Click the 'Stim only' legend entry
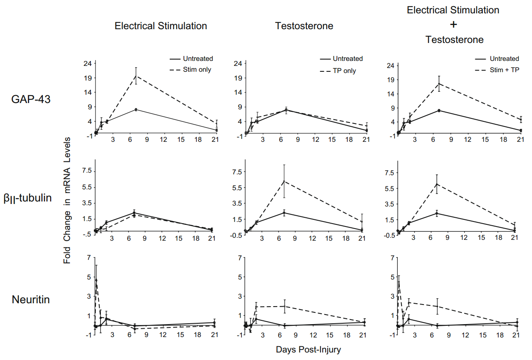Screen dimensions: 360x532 click(197, 70)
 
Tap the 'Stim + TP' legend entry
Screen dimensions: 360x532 click(504, 70)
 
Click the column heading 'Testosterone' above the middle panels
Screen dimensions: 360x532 click(304, 26)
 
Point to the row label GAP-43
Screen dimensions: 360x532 click(31, 99)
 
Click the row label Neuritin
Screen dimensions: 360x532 click(31, 300)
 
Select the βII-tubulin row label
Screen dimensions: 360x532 click(28, 198)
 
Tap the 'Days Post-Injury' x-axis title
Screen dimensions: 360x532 click(308, 350)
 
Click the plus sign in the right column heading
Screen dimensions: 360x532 click(454, 25)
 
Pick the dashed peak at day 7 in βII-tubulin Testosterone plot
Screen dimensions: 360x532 click(284, 181)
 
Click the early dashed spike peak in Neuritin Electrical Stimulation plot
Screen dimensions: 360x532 click(96, 279)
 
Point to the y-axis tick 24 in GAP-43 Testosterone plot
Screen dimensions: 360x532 click(238, 63)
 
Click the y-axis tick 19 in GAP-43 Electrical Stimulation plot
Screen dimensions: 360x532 click(87, 78)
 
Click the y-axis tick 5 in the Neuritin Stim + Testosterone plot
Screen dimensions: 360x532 click(392, 277)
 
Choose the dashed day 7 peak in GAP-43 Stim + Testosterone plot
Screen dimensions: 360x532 click(439, 83)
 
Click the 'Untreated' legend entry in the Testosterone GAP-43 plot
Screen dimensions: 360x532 click(347, 59)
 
